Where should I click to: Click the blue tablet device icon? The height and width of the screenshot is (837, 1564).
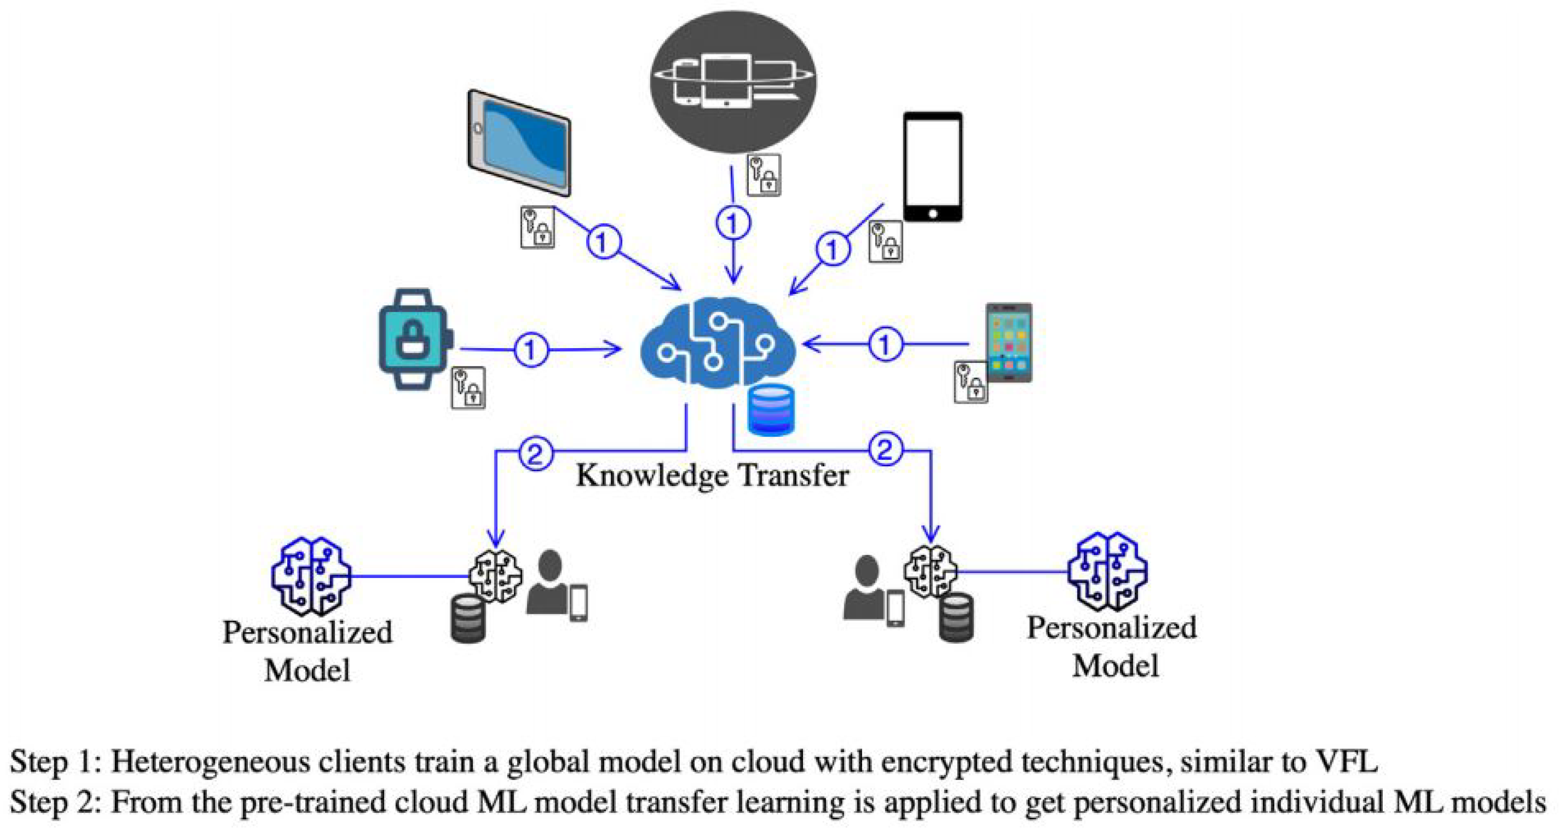[519, 143]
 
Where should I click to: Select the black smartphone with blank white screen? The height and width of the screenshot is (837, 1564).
[932, 166]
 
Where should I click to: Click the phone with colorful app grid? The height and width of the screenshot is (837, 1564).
[1008, 343]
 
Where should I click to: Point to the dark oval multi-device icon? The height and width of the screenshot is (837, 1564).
[733, 82]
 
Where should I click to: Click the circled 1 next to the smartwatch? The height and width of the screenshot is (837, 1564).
[531, 350]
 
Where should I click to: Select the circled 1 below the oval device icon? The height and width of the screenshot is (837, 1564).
[733, 223]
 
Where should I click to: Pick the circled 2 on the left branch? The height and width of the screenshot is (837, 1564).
[535, 453]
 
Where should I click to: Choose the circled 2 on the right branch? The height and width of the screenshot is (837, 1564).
[885, 450]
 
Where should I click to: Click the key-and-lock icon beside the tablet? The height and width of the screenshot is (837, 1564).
[537, 227]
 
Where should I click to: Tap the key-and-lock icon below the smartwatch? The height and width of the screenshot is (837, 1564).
[467, 387]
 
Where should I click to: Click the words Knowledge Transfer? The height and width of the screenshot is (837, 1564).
[712, 475]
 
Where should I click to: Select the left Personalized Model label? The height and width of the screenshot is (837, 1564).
[307, 651]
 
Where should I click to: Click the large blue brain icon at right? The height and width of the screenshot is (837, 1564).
[1107, 571]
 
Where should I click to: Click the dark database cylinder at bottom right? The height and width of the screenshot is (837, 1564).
[956, 617]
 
